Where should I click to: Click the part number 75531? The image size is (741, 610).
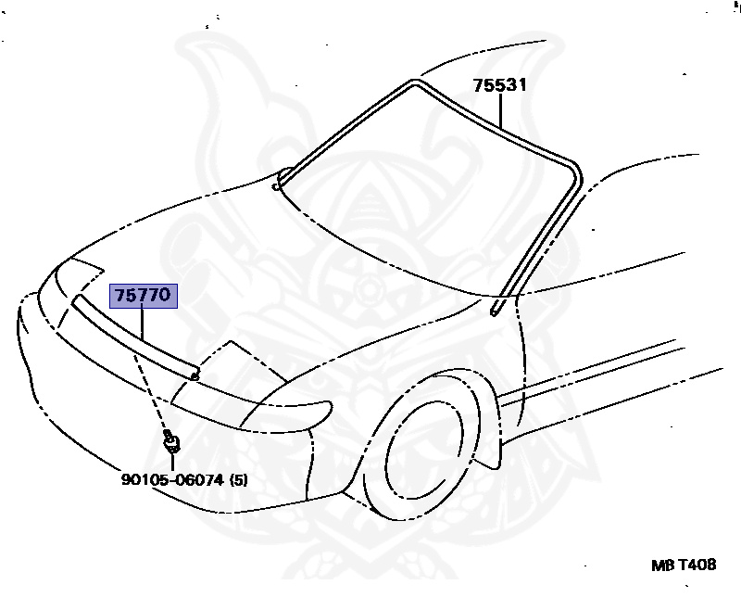(x=499, y=86)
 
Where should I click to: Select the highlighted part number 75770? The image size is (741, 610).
(x=141, y=297)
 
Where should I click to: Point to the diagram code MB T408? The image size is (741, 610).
(x=683, y=565)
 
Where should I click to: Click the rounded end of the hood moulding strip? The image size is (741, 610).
(x=193, y=374)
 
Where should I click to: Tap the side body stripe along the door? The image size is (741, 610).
(x=602, y=366)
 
